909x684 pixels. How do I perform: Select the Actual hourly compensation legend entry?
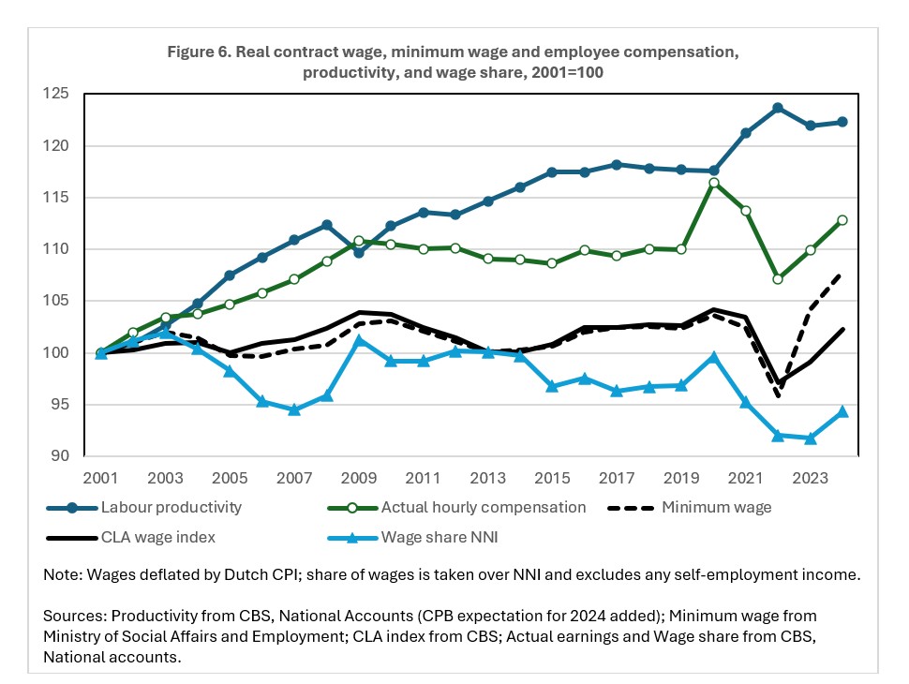click(x=483, y=507)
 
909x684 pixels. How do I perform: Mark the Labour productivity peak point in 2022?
click(x=777, y=108)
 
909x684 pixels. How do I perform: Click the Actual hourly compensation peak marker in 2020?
click(x=714, y=183)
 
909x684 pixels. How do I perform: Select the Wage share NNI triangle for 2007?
click(x=294, y=409)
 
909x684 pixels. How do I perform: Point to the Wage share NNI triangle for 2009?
click(x=358, y=340)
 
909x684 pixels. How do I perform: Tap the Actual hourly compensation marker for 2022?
click(x=777, y=279)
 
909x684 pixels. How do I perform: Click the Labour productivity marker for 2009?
click(x=358, y=252)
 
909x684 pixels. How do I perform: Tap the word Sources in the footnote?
click(x=73, y=616)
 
